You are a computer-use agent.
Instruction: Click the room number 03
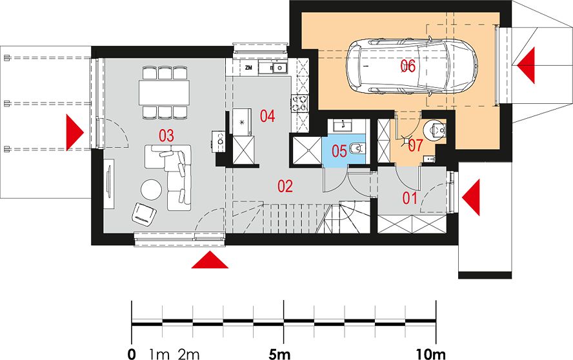click(x=166, y=136)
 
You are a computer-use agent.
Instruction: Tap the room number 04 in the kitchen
click(x=268, y=116)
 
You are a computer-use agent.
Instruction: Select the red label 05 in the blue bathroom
click(x=339, y=151)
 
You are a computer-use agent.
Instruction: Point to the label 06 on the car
click(x=408, y=66)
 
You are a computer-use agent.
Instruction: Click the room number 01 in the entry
click(x=410, y=199)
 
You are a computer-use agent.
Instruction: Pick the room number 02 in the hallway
click(x=285, y=186)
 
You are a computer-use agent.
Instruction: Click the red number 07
click(x=416, y=145)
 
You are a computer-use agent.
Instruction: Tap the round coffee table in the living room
click(x=152, y=189)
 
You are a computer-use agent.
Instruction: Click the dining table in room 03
click(x=164, y=92)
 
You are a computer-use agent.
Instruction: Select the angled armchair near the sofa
click(x=144, y=214)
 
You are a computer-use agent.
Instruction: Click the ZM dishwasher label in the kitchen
click(x=249, y=68)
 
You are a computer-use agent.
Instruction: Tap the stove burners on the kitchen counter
click(x=299, y=103)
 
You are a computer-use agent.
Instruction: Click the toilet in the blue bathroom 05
click(x=356, y=149)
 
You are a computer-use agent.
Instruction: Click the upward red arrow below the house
click(x=210, y=259)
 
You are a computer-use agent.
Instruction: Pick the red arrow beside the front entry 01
click(x=470, y=197)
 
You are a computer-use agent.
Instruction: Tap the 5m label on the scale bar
click(x=279, y=354)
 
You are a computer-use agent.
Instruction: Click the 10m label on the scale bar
click(x=431, y=354)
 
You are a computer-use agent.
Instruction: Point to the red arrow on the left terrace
click(x=75, y=132)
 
